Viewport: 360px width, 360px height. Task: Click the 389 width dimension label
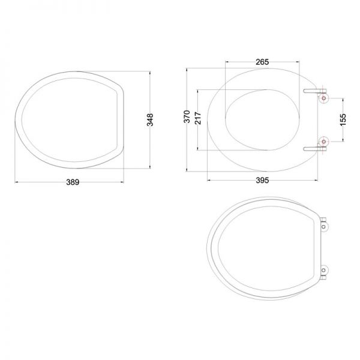coord(73,182)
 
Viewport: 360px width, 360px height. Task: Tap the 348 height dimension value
coord(150,119)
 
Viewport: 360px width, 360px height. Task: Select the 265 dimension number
coord(262,62)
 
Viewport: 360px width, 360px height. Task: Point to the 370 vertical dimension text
coord(187,116)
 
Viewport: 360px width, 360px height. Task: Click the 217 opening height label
coord(198,118)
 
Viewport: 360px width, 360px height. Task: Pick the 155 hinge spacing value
coord(343,119)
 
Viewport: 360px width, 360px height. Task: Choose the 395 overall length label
coord(262,180)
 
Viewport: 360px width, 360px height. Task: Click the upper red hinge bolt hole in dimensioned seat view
coord(323,98)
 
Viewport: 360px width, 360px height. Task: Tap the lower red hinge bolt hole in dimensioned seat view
coord(323,142)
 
